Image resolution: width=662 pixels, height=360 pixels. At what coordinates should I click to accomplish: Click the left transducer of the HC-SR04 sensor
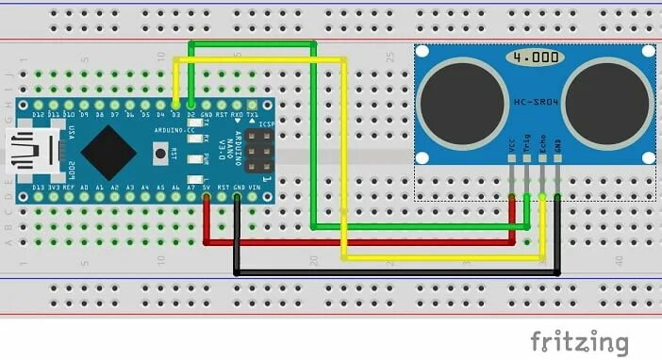[455, 98]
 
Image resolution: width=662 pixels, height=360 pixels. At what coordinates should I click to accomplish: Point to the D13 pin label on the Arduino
[39, 188]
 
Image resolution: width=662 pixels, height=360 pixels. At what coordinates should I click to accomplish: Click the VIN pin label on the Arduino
[252, 188]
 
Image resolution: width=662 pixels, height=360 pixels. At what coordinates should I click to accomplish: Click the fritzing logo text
[579, 340]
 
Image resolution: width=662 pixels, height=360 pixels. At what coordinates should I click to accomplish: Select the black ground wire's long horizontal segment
[396, 272]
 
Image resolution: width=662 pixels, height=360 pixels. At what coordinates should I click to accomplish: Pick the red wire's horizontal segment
[358, 242]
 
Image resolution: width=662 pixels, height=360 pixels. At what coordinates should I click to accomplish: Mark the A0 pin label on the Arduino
[85, 188]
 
